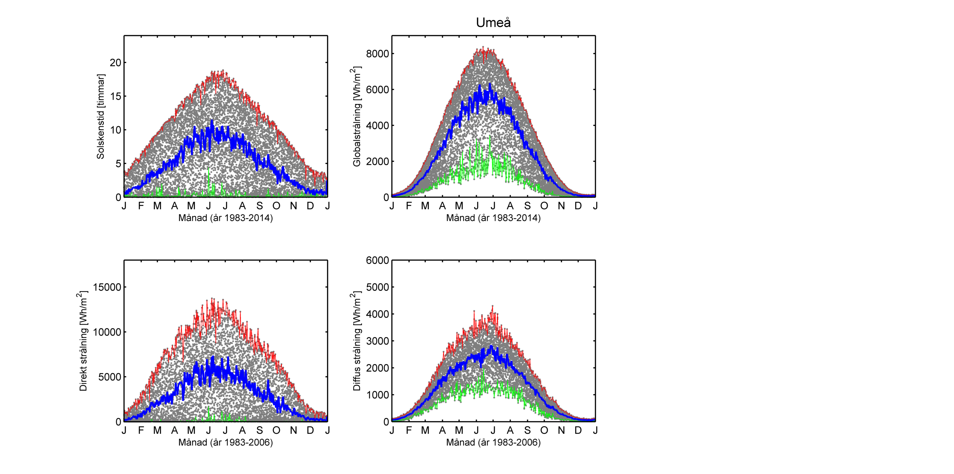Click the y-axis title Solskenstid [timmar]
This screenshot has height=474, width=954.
100,117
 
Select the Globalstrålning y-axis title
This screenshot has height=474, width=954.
356,117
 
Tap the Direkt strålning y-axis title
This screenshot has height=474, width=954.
83,341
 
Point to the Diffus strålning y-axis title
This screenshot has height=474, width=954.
356,341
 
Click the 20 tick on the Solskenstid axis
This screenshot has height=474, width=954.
116,63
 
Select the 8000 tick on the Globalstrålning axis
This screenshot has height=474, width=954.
378,54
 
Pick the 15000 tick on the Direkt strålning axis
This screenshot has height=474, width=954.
107,287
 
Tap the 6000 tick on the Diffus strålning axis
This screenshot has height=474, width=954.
378,260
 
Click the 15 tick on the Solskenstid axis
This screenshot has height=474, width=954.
116,96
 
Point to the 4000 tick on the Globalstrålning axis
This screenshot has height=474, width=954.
378,126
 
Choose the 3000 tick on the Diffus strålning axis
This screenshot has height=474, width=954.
378,341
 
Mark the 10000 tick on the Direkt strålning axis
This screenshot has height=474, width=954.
107,332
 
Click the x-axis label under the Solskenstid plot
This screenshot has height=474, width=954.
226,218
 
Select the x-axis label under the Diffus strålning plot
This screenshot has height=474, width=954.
493,442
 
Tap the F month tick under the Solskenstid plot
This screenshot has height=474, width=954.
141,206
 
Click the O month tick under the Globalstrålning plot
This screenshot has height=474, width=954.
544,206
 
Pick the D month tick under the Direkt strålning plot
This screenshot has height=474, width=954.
310,430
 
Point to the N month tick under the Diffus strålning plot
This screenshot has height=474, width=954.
561,430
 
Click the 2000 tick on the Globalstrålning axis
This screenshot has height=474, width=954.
378,162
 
